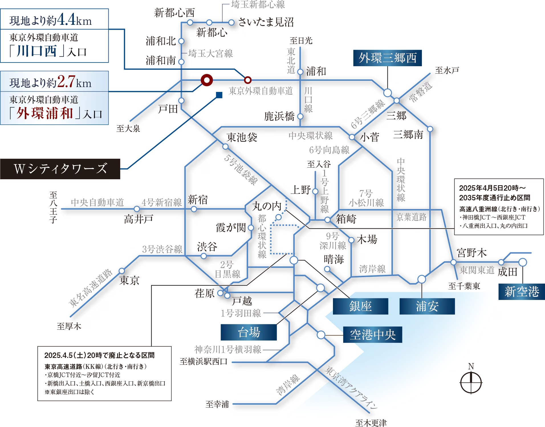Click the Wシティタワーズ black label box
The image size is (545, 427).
coord(60,169)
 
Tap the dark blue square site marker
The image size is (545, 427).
coord(219,95)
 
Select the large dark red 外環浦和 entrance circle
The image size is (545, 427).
coord(207,80)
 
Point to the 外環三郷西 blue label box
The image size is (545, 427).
coord(387,58)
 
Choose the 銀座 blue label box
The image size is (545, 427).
coord(360,306)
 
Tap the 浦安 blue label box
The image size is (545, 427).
coord(427,306)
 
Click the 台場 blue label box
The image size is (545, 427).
coord(249,333)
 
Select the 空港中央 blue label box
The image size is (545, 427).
coord(373,335)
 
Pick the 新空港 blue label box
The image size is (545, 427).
coord(522,292)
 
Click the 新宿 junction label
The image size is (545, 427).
coord(198,200)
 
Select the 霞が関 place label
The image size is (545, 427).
coord(231,227)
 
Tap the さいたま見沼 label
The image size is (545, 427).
coord(266,22)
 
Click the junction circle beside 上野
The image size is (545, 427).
coord(315,191)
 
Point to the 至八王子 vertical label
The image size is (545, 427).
coord(53,207)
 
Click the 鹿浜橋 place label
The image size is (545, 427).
coord(279,116)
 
